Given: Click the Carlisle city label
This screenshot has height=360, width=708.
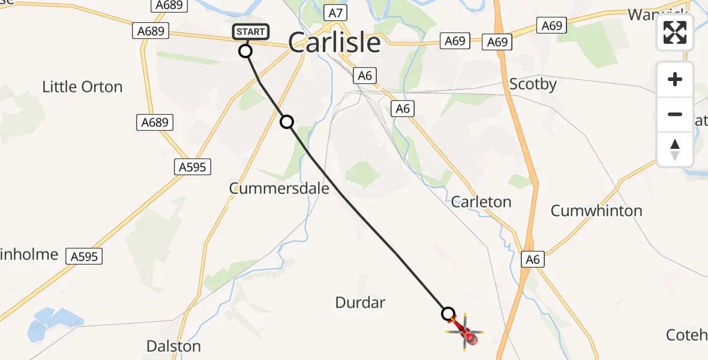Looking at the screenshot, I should click(334, 43).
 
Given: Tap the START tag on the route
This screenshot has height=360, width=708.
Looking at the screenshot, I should click(248, 32).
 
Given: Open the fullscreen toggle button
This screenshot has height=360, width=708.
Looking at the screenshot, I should click(675, 32).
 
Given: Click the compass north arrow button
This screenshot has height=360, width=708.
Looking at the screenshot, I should click(675, 149).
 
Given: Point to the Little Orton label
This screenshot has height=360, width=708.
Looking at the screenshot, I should click(82, 87).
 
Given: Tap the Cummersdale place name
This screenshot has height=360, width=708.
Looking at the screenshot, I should click(279, 188).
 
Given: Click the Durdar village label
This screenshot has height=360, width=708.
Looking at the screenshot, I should click(360, 302).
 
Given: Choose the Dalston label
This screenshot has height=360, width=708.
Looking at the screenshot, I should click(173, 346).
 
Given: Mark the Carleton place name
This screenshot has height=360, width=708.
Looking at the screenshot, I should click(481, 202).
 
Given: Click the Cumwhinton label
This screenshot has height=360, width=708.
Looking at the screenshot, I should click(596, 211).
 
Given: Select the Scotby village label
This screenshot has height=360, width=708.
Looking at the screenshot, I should click(532, 85).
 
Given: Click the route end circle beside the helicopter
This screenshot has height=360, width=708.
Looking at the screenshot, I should click(448, 314).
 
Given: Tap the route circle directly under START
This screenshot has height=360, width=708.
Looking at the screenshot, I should click(245, 51).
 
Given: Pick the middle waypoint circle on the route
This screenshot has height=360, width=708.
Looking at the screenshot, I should click(287, 122).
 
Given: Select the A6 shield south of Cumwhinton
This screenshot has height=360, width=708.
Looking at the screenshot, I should click(532, 259).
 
